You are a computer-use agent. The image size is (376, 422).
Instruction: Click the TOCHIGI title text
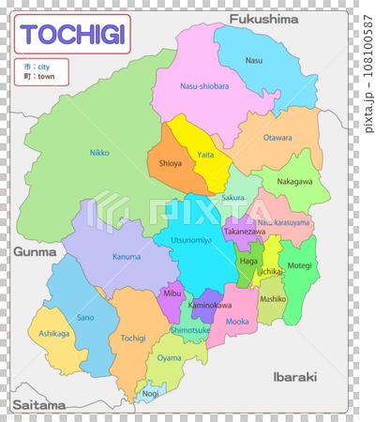(x=72, y=35)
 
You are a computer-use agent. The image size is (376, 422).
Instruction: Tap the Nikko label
(x=98, y=152)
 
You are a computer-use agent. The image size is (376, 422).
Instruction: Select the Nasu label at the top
(x=254, y=60)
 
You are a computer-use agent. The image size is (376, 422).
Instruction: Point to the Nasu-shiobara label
(x=203, y=86)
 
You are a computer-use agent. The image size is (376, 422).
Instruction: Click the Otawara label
(x=277, y=138)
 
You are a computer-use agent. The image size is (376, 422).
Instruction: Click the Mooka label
(x=238, y=322)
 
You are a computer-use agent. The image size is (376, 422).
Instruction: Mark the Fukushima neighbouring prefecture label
(x=263, y=18)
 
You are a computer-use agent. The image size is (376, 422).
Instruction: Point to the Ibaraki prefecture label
(x=294, y=376)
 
